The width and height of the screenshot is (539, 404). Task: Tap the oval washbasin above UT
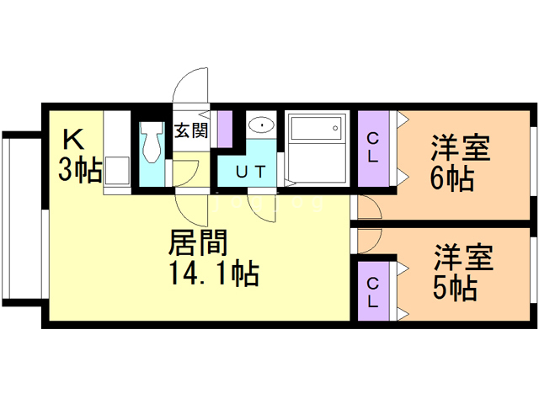coord(262,125)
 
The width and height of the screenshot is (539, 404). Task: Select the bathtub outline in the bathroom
coord(317,127)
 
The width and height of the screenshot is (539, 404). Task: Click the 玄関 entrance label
coord(191,131)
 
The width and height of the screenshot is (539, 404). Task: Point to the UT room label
coord(251,172)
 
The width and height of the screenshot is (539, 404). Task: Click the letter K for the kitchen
coord(73,139)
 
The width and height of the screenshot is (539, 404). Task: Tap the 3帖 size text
coord(80,169)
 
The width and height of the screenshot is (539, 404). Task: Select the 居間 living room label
coord(198,242)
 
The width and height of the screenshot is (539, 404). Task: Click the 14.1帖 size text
coord(214,274)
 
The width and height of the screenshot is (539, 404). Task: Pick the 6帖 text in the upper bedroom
coord(452,178)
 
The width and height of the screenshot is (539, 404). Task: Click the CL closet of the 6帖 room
coord(373,148)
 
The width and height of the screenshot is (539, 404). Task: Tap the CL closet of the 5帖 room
coord(373,291)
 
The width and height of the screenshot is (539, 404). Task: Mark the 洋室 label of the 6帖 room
coord(461,148)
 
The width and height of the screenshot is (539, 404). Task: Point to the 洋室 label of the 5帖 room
coord(464,258)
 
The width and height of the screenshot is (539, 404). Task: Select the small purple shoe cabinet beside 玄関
coord(225,129)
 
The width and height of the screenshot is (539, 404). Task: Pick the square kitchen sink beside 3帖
coord(117,171)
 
